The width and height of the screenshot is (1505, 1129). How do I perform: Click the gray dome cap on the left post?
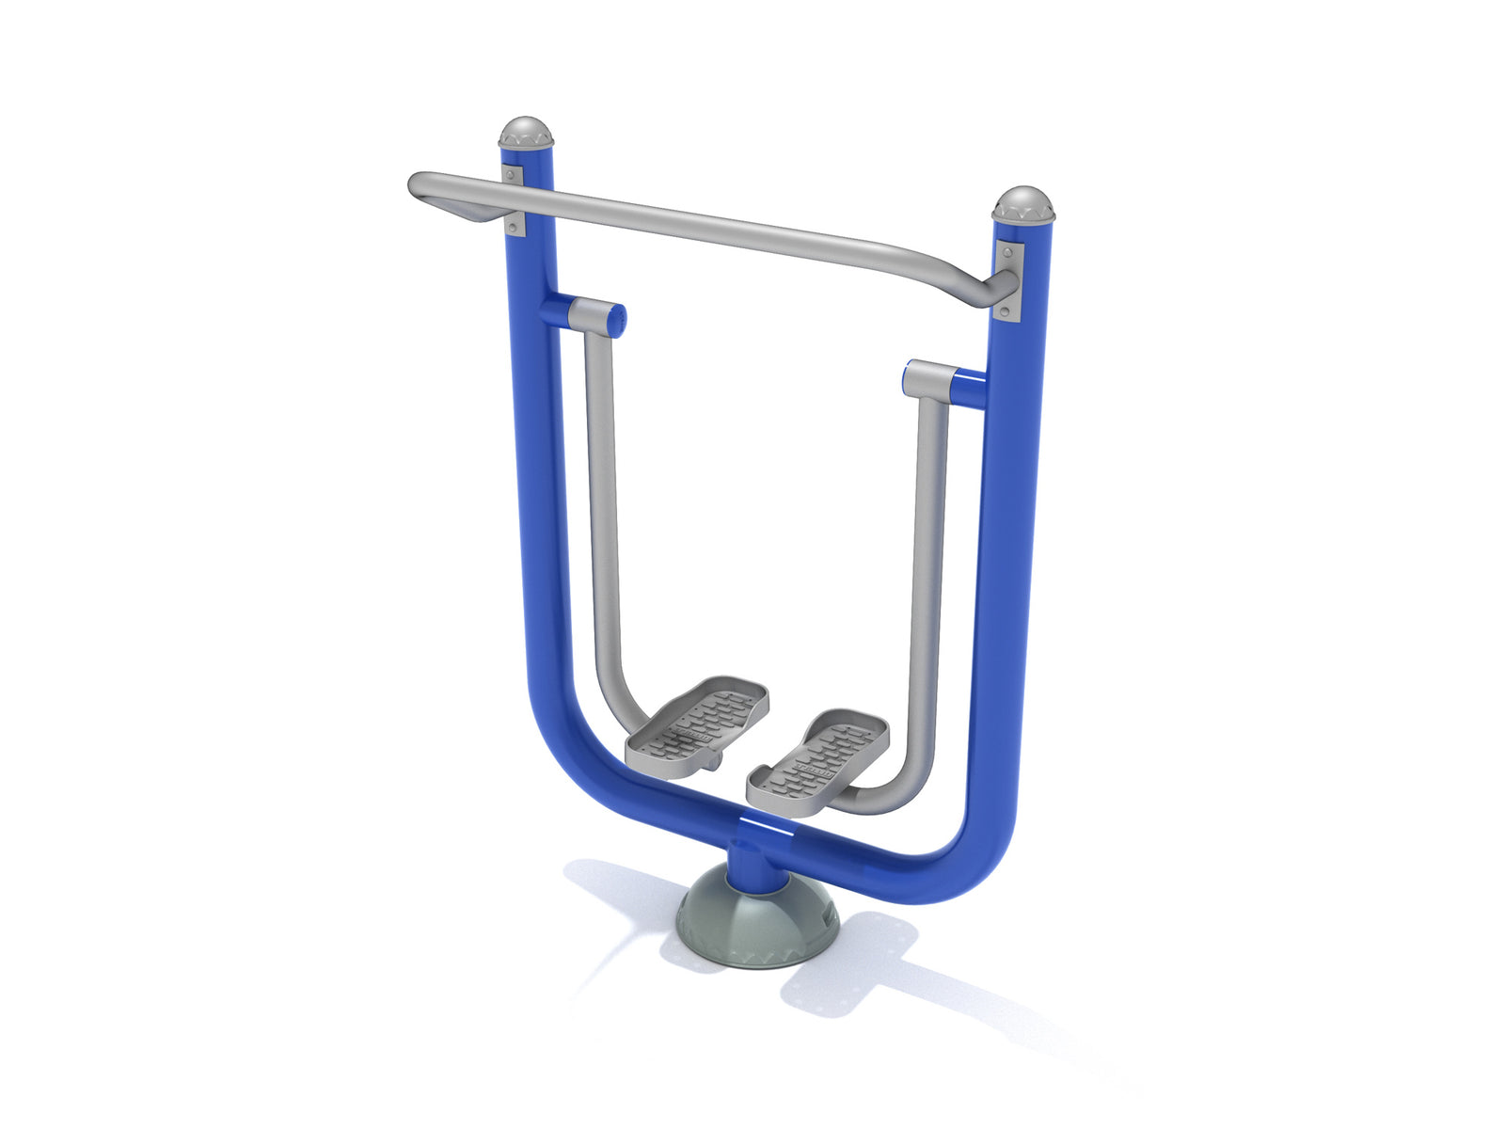pos(526,132)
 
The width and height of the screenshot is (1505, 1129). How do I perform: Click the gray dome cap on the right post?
pos(1024,203)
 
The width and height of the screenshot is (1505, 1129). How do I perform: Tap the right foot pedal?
pos(818,757)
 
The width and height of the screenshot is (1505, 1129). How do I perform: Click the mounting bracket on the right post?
pos(1009,281)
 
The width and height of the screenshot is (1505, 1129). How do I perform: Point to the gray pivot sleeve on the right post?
pos(931,378)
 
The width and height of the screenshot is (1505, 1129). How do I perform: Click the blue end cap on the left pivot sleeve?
pos(617,320)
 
